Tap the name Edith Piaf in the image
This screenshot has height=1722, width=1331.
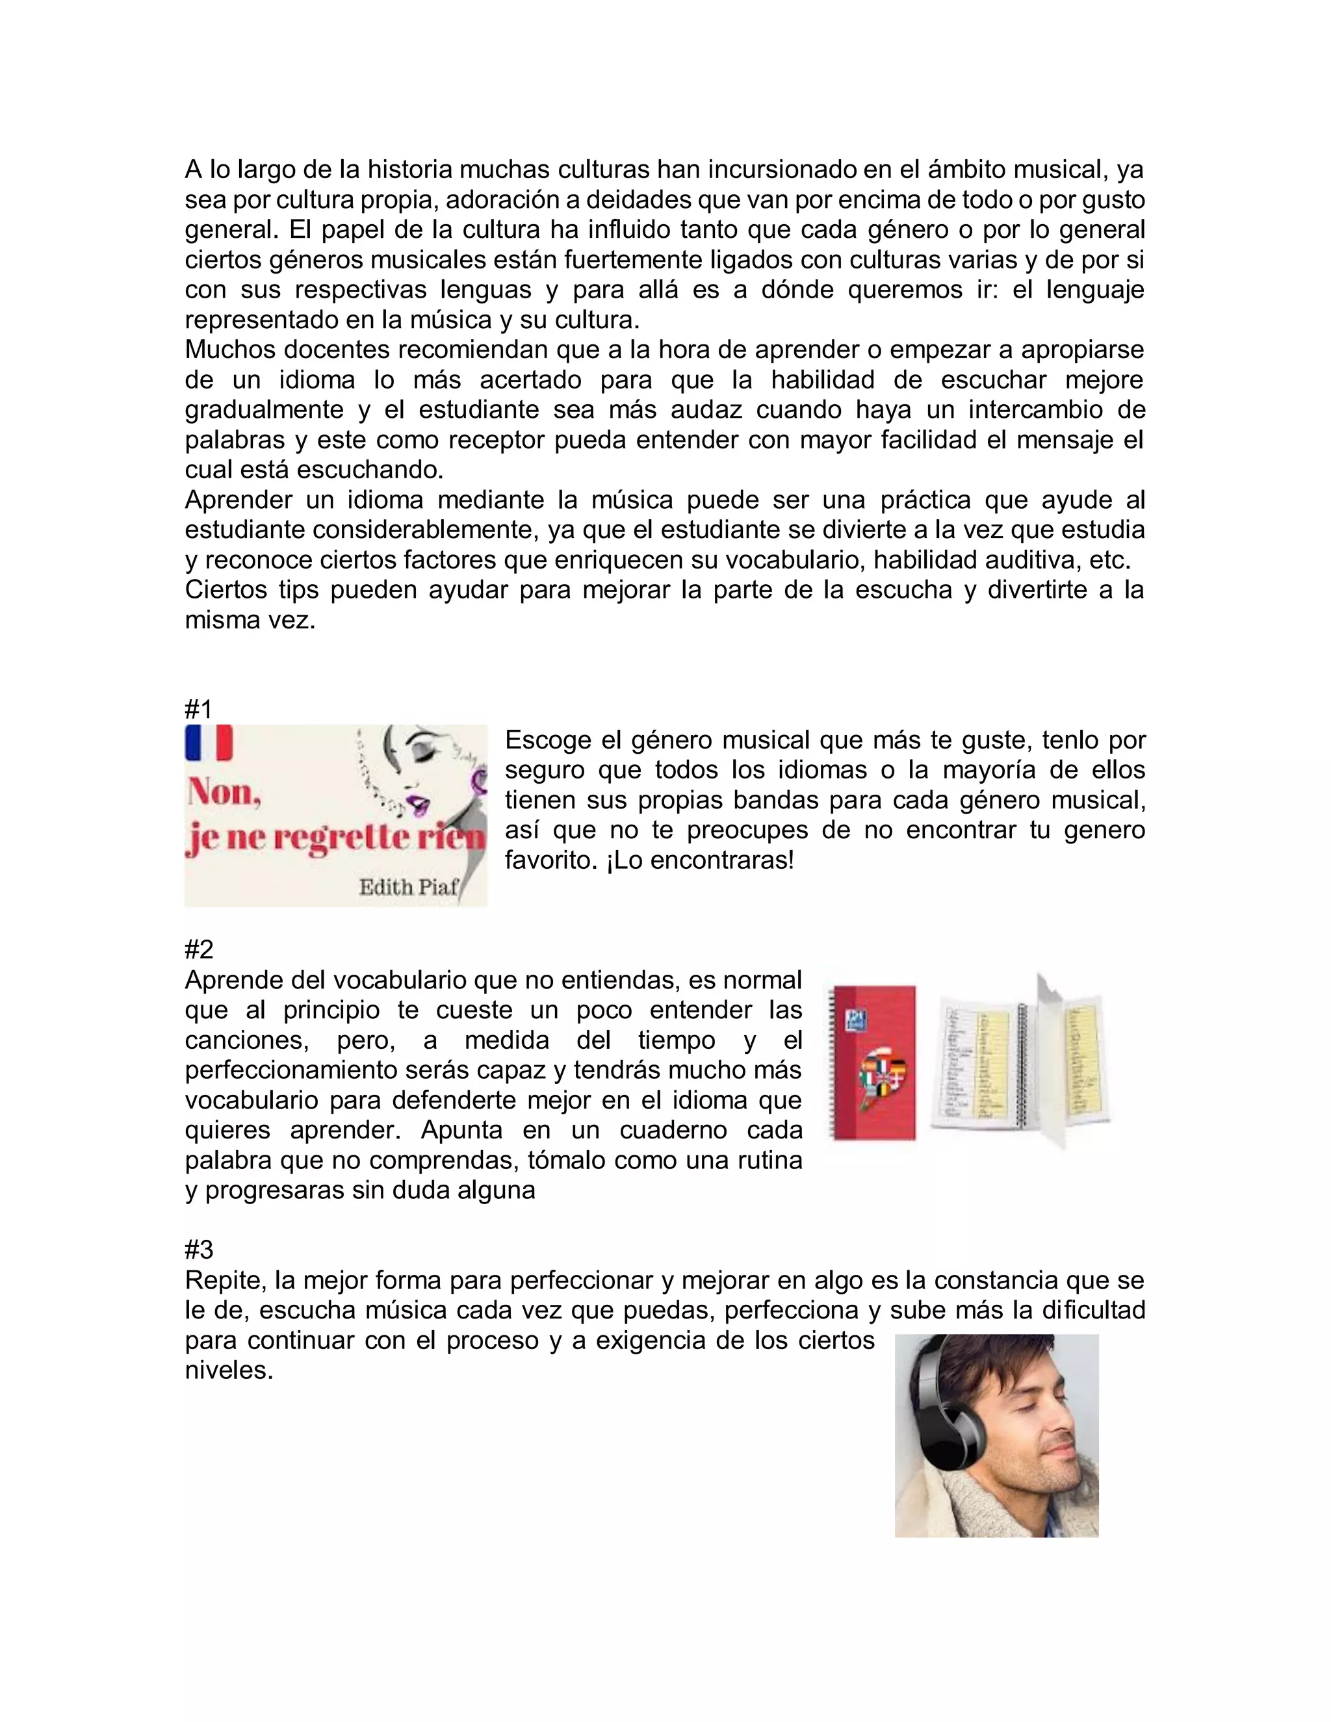408,888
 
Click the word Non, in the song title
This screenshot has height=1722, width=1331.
225,792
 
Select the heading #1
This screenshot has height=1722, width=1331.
199,709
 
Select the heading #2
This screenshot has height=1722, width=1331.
199,949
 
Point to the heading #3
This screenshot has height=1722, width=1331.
199,1249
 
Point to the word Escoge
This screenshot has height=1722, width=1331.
547,739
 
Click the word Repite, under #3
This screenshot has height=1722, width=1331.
223,1279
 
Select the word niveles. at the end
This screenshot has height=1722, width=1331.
229,1370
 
